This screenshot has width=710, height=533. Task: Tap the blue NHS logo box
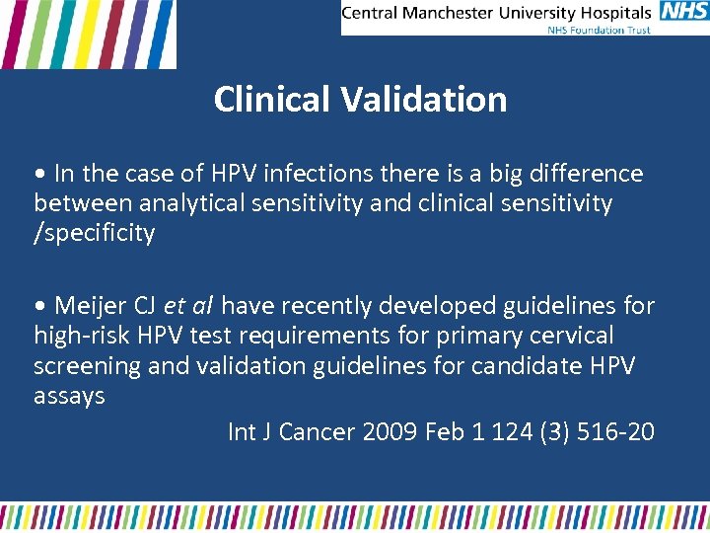tap(683, 12)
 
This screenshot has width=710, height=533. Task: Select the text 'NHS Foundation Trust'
tap(600, 30)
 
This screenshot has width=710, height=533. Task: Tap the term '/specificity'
tap(95, 234)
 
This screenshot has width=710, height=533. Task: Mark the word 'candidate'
tap(506, 365)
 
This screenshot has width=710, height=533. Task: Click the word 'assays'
tap(69, 395)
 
